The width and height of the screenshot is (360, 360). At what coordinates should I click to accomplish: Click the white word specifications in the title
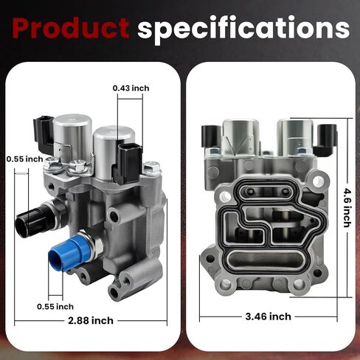pos(243,30)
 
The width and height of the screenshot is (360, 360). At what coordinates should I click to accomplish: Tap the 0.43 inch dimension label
pos(131,89)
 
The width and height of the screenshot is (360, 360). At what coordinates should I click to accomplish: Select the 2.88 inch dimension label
pos(91,321)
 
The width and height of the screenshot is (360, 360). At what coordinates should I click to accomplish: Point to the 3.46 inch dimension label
pos(269,316)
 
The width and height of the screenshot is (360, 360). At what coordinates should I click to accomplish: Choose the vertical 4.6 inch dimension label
pos(347,208)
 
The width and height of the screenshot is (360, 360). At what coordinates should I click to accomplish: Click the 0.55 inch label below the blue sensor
pos(55,307)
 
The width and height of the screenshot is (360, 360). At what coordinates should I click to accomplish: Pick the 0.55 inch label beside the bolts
pos(24,159)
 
